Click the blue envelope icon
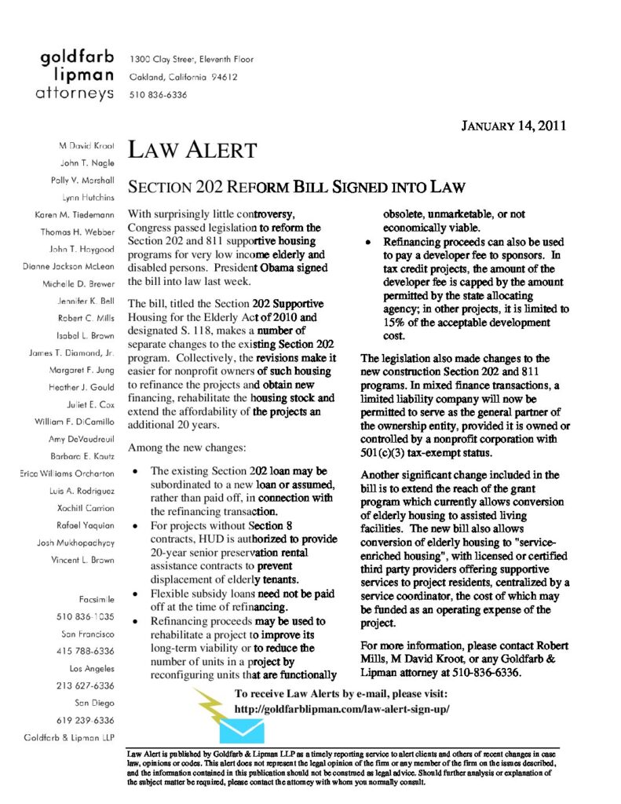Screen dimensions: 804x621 [x=245, y=729]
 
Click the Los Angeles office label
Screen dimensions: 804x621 [x=93, y=668]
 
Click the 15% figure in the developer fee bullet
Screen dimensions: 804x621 [x=394, y=323]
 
